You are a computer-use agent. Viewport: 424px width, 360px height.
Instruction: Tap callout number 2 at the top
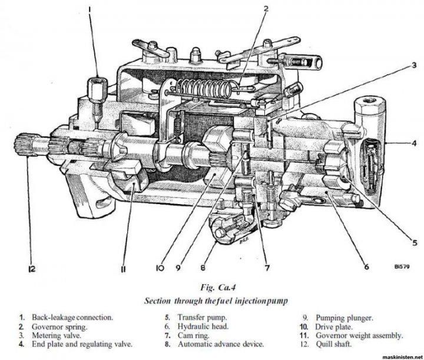click(266, 9)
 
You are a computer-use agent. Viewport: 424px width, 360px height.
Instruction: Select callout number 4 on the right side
click(414, 142)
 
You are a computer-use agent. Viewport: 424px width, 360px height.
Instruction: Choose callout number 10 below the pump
click(159, 268)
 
